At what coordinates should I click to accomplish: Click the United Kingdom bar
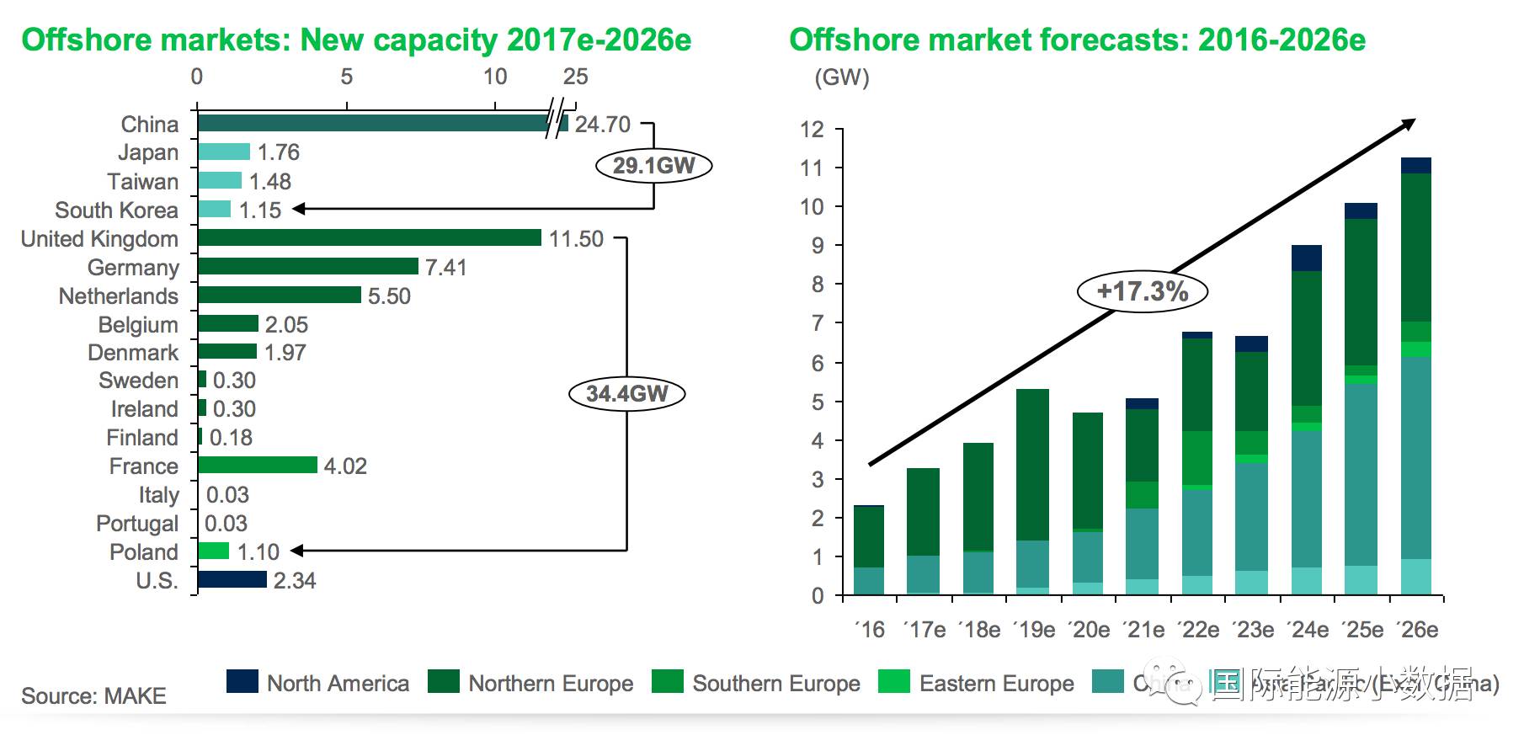click(x=369, y=238)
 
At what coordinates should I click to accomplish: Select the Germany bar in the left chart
click(x=307, y=267)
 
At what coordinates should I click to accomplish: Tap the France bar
click(x=257, y=466)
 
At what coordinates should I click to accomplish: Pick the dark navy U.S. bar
click(x=232, y=579)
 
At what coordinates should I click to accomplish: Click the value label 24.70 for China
click(x=602, y=125)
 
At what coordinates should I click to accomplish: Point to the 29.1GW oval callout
click(x=654, y=165)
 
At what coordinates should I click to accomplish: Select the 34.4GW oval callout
click(x=627, y=393)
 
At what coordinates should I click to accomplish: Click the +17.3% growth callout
click(x=1143, y=291)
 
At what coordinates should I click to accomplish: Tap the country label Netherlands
click(x=119, y=296)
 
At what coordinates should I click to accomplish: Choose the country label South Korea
click(x=117, y=210)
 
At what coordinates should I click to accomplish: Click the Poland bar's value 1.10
click(x=258, y=552)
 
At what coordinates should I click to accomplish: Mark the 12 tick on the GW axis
click(x=812, y=130)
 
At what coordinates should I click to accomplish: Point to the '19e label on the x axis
click(x=1033, y=630)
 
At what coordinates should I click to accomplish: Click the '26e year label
click(x=1417, y=630)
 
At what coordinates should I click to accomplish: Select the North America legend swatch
click(x=242, y=682)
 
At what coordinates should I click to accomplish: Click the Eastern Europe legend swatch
click(x=893, y=682)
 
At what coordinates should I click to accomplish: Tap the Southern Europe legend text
click(x=776, y=684)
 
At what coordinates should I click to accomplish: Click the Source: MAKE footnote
click(x=93, y=696)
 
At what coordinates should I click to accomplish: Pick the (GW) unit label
click(x=841, y=77)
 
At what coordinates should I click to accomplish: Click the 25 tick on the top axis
click(x=575, y=77)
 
